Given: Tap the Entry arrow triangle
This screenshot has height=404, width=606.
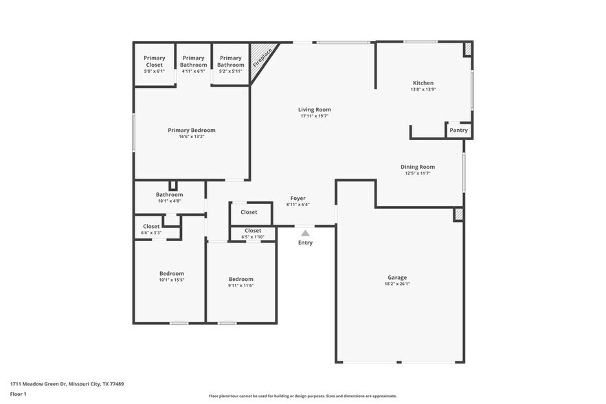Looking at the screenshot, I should tap(305, 234).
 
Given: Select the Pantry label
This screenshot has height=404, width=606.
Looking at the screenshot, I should tap(458, 130).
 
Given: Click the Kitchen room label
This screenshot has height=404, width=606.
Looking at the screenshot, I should tap(423, 83).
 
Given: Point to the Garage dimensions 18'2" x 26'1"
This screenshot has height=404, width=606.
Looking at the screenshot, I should tap(397, 284).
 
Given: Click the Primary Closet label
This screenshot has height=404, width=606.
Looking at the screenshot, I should tap(154, 61).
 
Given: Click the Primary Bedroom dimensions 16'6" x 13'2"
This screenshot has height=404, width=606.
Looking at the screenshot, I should tap(192, 137).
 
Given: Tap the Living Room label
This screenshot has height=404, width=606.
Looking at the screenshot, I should tap(314, 110).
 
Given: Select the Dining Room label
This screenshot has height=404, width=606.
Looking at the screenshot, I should tap(418, 167).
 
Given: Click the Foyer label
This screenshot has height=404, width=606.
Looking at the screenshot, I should tap(298, 199).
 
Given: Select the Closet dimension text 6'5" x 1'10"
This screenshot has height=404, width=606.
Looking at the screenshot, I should tap(252, 237).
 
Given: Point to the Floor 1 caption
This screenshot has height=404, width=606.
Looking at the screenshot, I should tap(18, 394).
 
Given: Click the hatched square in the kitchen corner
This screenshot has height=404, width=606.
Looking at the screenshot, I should tap(468, 49).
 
